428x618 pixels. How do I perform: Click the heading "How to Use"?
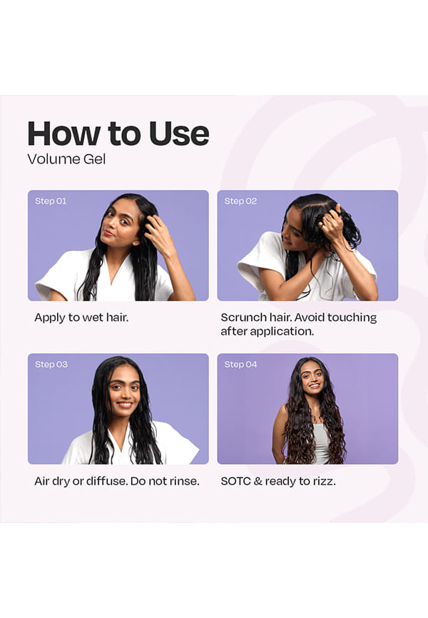click(118, 133)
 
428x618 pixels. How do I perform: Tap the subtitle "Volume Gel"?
click(66, 159)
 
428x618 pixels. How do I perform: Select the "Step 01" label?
click(51, 201)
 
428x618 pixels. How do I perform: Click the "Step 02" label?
click(240, 201)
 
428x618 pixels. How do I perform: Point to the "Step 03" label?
click(51, 364)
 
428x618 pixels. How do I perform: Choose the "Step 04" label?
click(240, 364)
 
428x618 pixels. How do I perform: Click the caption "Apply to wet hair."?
click(81, 318)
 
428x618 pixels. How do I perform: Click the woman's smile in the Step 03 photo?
click(125, 405)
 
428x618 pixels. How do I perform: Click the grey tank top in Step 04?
click(320, 442)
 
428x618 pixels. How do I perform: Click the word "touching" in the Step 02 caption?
click(352, 318)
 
